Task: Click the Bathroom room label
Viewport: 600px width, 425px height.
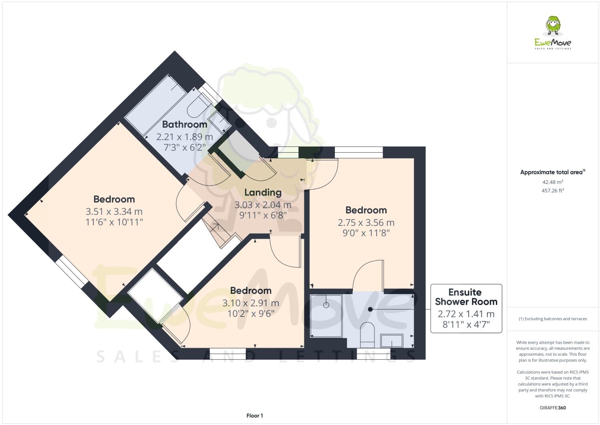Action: (x=184, y=124)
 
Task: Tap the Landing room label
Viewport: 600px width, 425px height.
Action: (x=263, y=192)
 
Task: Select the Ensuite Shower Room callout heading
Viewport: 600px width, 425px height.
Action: (x=466, y=297)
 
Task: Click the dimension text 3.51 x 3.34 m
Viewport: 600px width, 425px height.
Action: (x=114, y=211)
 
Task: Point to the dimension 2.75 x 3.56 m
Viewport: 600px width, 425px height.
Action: (x=366, y=222)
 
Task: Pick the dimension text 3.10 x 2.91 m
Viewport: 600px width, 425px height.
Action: (x=250, y=303)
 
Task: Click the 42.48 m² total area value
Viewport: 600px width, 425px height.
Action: (x=552, y=182)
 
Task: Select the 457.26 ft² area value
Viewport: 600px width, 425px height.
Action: (x=552, y=191)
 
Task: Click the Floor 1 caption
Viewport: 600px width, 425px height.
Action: (x=254, y=416)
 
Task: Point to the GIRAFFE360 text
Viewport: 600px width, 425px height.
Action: (x=553, y=408)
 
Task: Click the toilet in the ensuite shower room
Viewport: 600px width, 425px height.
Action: (x=367, y=335)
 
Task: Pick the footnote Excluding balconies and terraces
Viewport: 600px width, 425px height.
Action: (x=552, y=319)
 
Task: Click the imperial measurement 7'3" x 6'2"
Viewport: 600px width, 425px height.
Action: (x=184, y=147)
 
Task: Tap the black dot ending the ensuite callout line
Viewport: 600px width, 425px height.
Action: (x=370, y=309)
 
